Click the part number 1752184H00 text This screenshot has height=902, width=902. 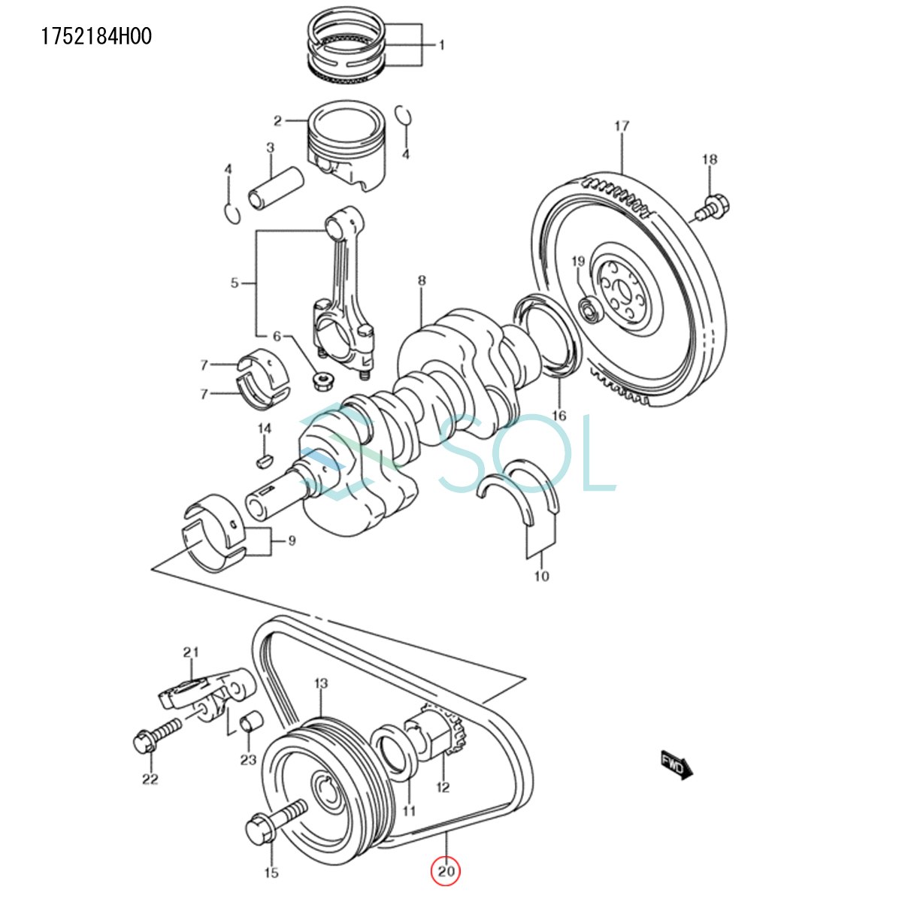pyautogui.click(x=96, y=36)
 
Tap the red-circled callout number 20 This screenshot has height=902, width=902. pyautogui.click(x=446, y=872)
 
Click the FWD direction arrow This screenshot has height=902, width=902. pyautogui.click(x=676, y=765)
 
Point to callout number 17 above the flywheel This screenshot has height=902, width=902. pyautogui.click(x=622, y=126)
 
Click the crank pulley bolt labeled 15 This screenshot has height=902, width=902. pyautogui.click(x=274, y=823)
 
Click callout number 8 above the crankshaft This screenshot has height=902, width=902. pyautogui.click(x=422, y=281)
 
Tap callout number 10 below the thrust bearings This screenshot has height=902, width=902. pyautogui.click(x=542, y=577)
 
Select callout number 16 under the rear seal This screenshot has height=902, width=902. pyautogui.click(x=558, y=416)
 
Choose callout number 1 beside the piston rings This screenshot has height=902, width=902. pyautogui.click(x=442, y=45)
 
